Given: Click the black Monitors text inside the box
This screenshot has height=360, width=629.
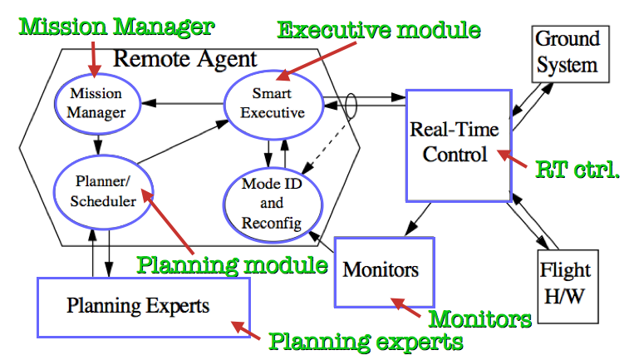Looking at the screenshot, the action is coord(381,269).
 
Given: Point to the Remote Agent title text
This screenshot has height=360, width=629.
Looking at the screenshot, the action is coord(185,59).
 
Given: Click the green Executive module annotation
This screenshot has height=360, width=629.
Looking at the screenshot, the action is coord(379,30).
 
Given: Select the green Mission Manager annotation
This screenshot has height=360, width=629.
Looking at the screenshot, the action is coord(116,27).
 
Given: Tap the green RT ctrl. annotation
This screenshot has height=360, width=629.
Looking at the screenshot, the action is coord(577,170).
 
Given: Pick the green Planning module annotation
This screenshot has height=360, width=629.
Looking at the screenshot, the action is coord(233,265).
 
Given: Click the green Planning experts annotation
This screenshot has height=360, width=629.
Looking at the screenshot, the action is coord(366,342).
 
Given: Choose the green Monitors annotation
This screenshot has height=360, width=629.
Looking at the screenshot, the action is coord(479,319).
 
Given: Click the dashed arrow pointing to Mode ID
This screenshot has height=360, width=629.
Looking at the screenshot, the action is coord(324,149).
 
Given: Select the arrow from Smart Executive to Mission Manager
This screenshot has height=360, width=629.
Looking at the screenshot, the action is coord(183,104).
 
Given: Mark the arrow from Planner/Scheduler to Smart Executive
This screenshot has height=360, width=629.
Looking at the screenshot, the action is coord(183,141).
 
